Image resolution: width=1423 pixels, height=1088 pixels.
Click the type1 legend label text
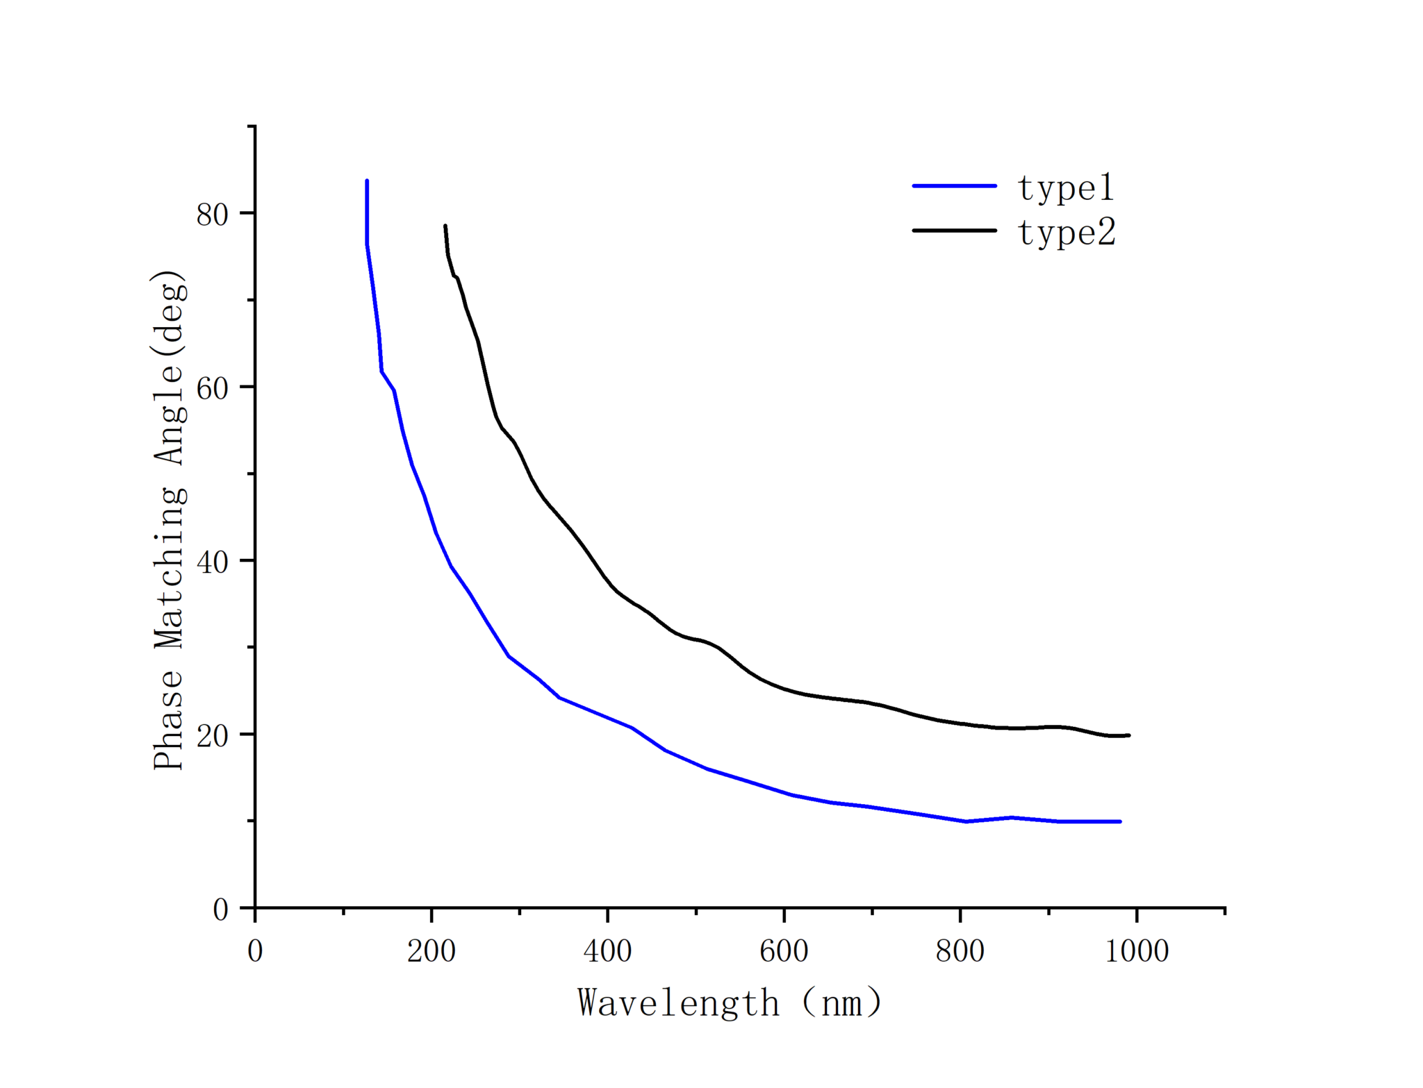1065,188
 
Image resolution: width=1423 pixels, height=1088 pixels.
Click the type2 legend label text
1067,233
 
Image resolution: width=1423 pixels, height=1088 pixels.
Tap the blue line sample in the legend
954,186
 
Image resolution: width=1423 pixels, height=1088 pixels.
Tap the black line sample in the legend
954,231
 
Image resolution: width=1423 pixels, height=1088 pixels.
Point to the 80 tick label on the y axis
212,215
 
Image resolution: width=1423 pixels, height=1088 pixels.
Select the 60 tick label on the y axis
212,388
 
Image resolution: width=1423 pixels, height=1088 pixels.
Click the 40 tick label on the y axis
212,562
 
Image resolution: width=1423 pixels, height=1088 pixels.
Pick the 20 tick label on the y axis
212,735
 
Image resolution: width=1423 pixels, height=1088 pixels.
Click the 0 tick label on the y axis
220,909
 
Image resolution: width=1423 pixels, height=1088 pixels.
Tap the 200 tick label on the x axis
431,951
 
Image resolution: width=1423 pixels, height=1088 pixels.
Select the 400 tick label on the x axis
607,951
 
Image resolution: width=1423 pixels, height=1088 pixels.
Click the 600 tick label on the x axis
784,951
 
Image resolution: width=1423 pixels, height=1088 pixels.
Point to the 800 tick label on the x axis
960,951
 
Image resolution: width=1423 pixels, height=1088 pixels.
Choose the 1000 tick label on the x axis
1137,951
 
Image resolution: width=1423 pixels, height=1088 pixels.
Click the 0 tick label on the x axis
255,951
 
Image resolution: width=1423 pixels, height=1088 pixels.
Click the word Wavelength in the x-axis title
678,1003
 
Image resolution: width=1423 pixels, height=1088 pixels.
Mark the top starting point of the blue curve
367,181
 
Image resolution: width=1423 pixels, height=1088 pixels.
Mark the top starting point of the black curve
445,226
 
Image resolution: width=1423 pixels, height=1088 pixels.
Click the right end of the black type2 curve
1128,735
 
